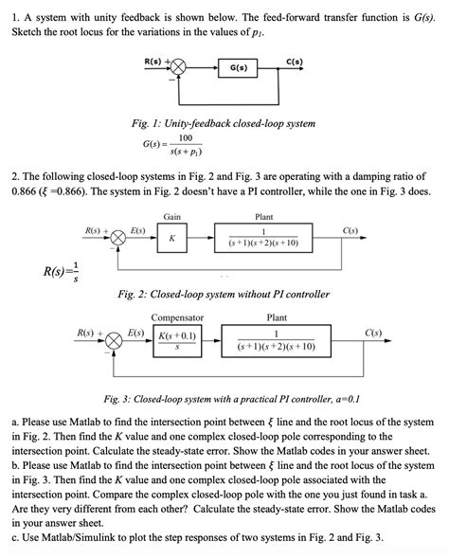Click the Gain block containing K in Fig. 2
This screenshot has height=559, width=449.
(x=171, y=238)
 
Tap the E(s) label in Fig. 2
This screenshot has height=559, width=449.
(x=137, y=230)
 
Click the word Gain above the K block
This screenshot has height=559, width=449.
(x=171, y=217)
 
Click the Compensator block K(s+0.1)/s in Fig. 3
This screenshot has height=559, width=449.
(x=177, y=341)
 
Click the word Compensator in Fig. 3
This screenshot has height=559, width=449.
(x=177, y=318)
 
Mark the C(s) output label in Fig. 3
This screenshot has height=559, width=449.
(x=373, y=333)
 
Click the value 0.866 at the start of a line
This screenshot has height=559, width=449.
(x=22, y=190)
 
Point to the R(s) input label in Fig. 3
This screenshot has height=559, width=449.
(x=88, y=333)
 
